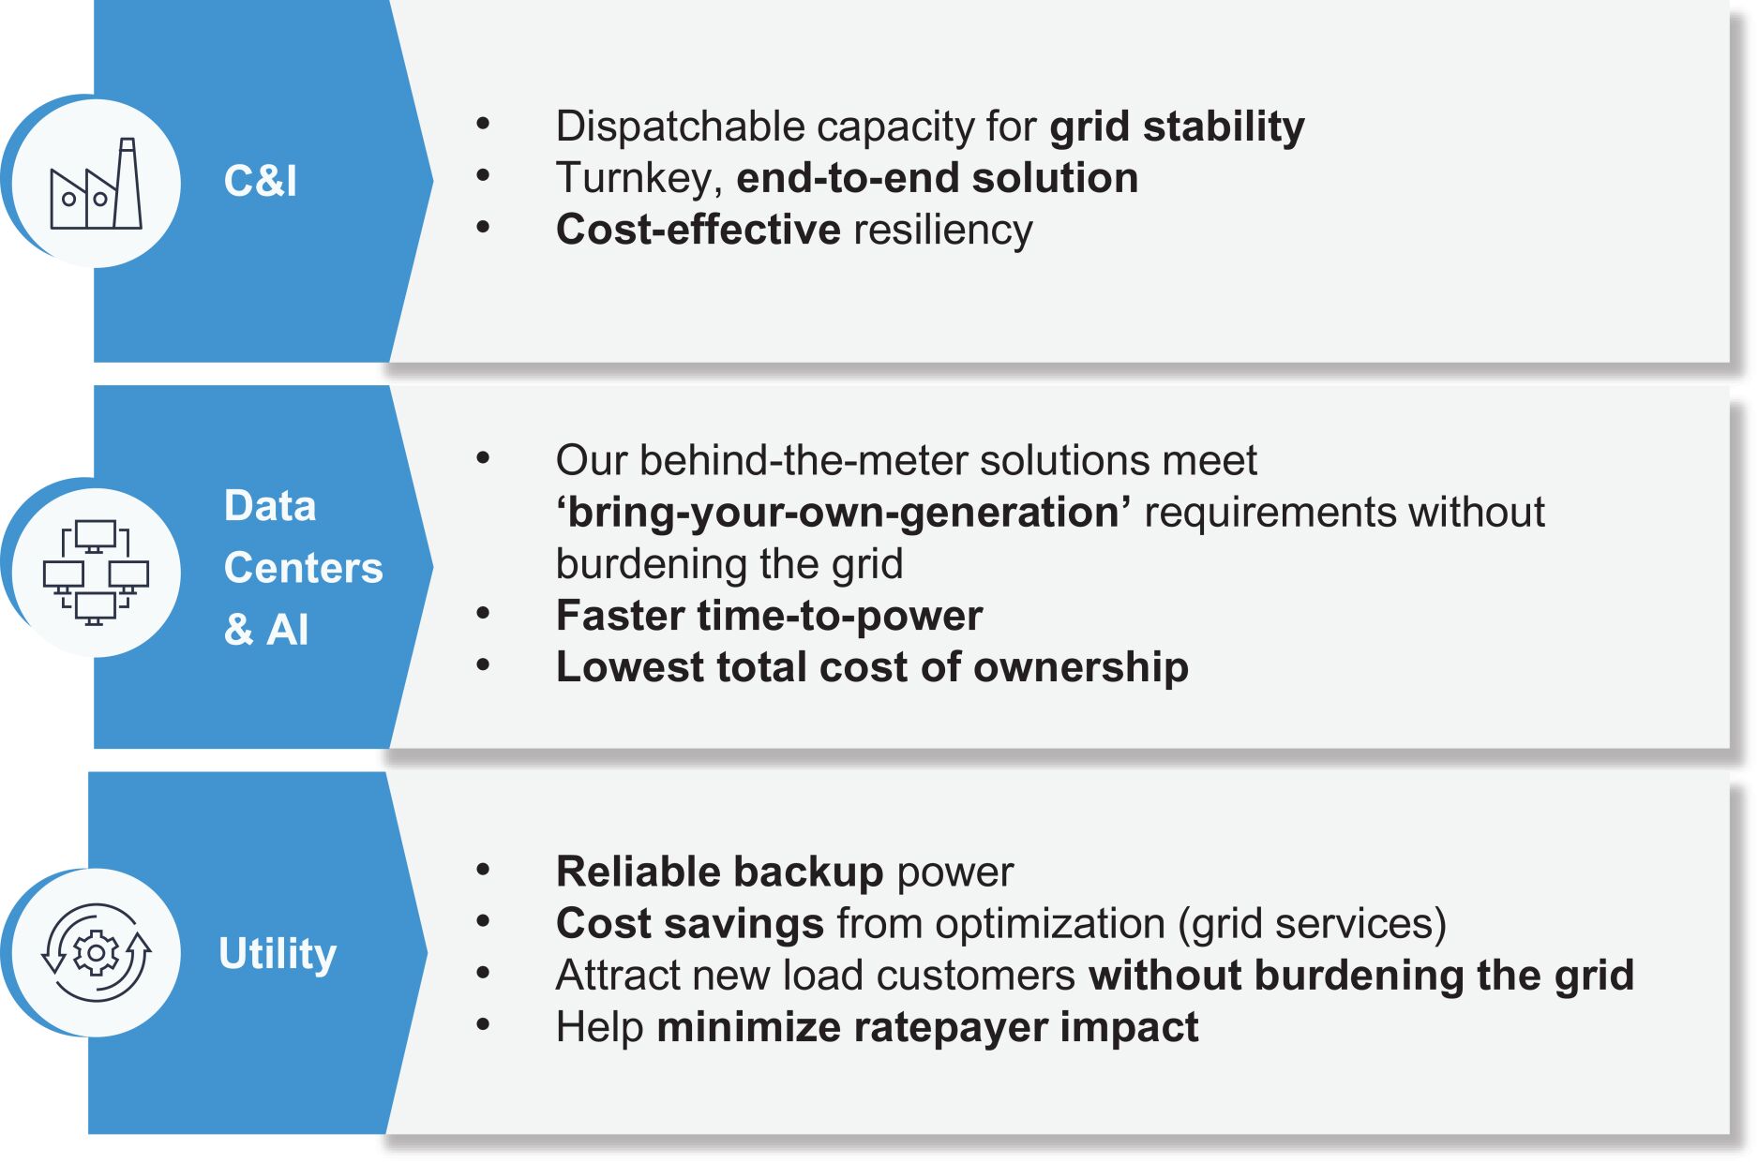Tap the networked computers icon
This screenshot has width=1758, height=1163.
(96, 573)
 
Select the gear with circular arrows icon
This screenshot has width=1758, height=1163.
(96, 953)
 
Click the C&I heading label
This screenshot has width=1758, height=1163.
(260, 181)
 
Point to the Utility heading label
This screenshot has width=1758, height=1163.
(278, 955)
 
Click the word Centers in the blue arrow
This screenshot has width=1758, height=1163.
(304, 568)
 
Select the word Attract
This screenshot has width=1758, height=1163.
(616, 976)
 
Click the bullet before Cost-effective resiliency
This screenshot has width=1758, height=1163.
(483, 228)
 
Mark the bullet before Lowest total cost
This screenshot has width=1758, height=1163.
(483, 665)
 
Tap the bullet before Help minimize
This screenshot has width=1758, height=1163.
(483, 1025)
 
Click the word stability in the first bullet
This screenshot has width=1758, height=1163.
(1224, 127)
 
